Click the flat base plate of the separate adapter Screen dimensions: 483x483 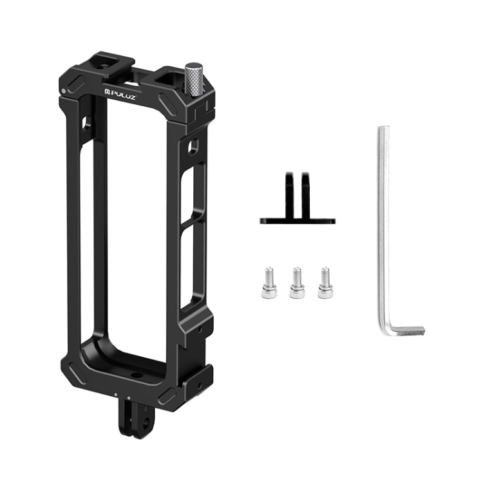pos(298,220)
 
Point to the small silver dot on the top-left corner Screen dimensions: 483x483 pos(62,91)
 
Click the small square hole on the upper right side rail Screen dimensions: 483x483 pos(193,147)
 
